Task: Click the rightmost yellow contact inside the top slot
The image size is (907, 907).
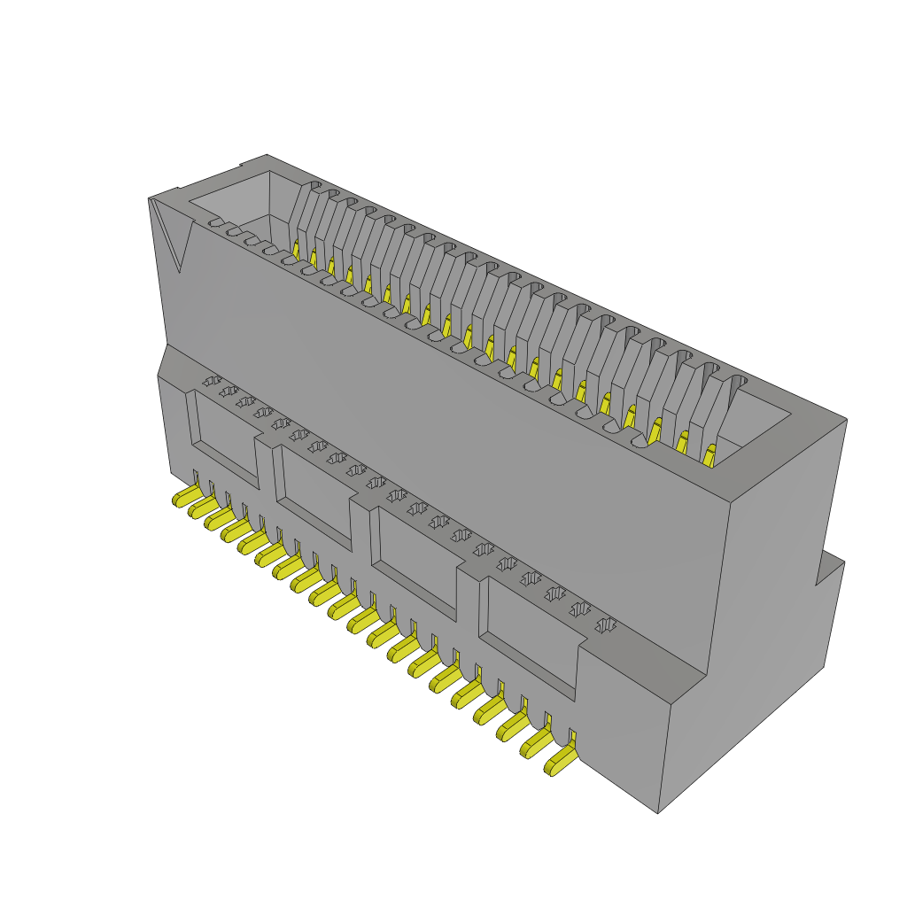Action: (709, 456)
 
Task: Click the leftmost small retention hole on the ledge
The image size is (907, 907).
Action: (212, 381)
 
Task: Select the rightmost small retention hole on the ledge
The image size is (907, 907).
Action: (605, 625)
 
